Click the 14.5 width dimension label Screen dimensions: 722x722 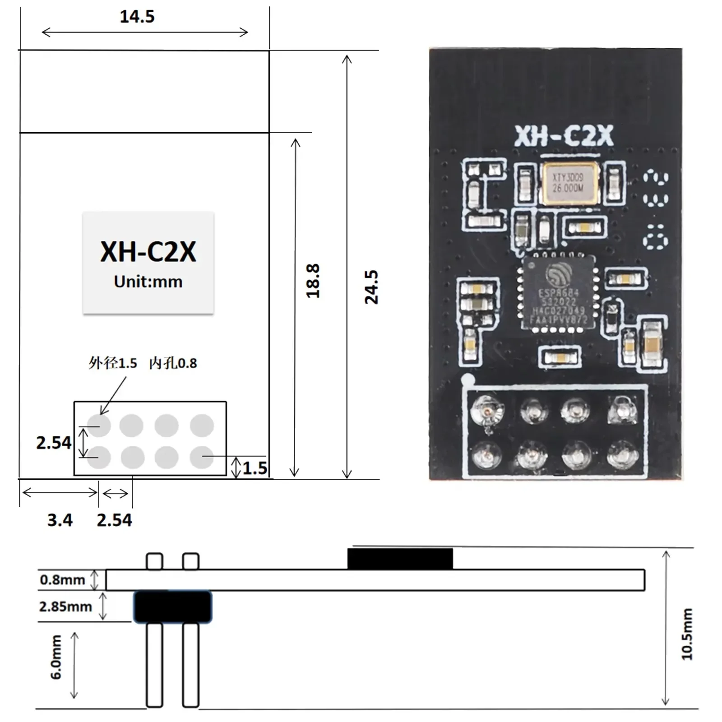(137, 17)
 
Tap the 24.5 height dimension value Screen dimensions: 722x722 (371, 287)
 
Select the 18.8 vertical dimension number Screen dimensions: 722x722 (313, 281)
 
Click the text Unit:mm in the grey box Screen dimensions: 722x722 (148, 282)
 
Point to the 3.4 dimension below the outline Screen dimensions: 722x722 (60, 520)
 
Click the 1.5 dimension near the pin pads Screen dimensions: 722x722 (255, 468)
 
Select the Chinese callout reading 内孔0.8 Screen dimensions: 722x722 (173, 363)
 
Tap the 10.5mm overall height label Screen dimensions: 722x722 (686, 634)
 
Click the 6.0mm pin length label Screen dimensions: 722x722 (56, 657)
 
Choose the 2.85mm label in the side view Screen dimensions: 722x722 (65, 606)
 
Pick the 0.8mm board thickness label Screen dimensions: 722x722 (62, 579)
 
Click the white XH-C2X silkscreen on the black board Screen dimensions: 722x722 (564, 136)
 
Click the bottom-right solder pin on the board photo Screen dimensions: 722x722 (623, 454)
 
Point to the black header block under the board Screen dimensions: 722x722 (172, 607)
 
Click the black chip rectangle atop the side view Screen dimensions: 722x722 (400, 559)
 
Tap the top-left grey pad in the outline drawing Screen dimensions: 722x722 (99, 425)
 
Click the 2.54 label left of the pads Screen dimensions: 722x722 (54, 443)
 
